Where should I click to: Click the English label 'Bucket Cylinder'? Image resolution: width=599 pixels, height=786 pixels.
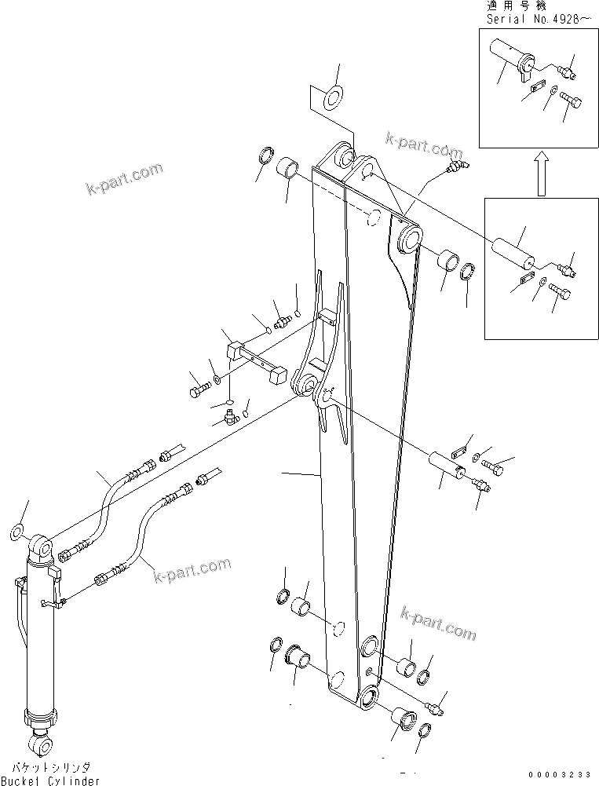(x=50, y=780)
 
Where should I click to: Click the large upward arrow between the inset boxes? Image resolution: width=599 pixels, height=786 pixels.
(x=540, y=174)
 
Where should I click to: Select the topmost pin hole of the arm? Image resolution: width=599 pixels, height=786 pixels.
(x=343, y=156)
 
